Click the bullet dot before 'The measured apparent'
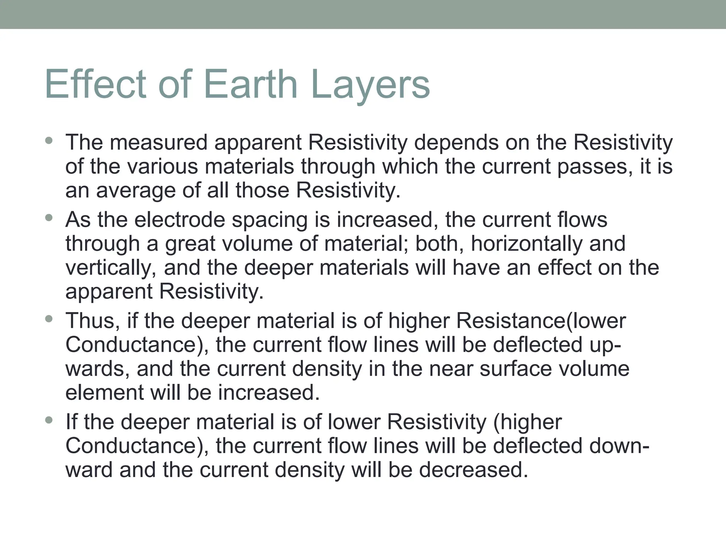[x=49, y=141]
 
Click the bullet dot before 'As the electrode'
[x=49, y=218]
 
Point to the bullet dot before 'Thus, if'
[x=49, y=319]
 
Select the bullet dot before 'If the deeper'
[x=49, y=420]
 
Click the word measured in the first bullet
[x=158, y=142]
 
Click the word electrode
[x=180, y=220]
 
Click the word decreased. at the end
[x=474, y=470]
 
